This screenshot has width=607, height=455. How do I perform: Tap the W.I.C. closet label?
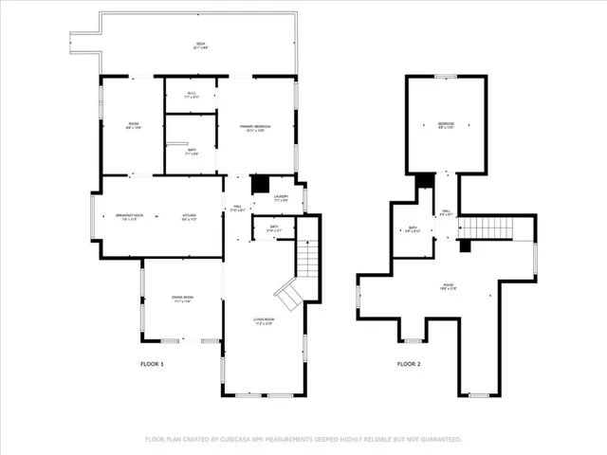191,94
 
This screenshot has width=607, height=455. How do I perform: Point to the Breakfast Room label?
129,216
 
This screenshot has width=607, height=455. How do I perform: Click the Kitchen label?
190,216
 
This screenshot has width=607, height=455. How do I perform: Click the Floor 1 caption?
152,364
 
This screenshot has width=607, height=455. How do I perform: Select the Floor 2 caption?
409,364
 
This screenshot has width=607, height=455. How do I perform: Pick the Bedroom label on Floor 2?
446,124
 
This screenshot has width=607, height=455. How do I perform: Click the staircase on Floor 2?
492,228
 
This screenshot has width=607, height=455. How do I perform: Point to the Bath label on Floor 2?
413,227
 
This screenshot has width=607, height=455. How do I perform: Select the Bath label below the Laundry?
273,227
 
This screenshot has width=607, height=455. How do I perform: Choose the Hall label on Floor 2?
446,213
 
